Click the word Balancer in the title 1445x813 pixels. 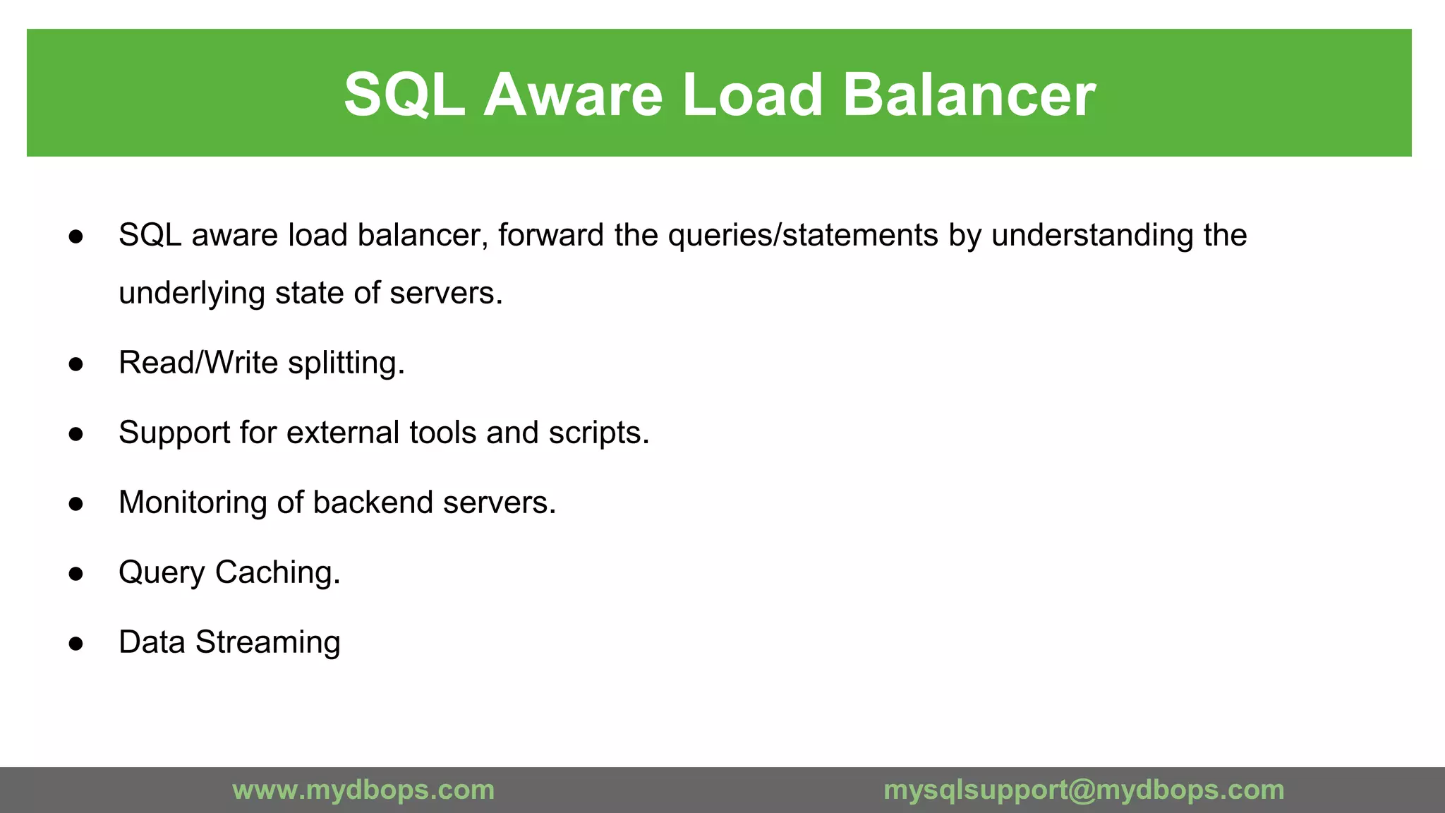click(x=969, y=95)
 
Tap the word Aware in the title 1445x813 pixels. click(x=573, y=95)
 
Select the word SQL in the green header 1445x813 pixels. click(x=404, y=95)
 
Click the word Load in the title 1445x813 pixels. click(x=752, y=95)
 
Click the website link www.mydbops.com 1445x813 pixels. click(x=363, y=790)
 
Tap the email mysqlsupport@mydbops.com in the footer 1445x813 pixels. click(x=1084, y=790)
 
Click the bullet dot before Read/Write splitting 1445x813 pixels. click(x=76, y=364)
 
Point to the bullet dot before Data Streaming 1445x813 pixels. click(x=76, y=644)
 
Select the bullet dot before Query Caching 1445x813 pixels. click(x=76, y=574)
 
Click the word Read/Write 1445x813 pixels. click(x=198, y=363)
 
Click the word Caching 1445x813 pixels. click(x=277, y=572)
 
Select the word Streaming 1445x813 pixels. click(x=267, y=643)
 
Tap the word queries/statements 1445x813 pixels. click(x=803, y=236)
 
